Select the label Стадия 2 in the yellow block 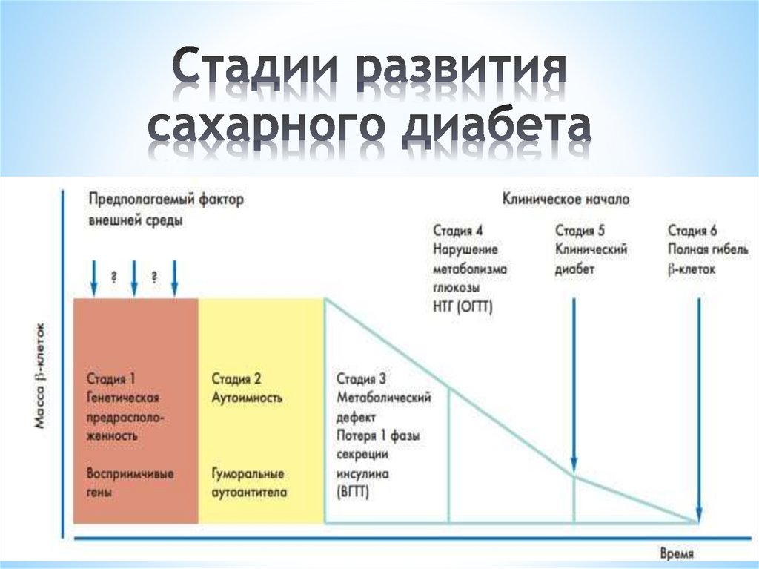236,380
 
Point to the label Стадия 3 361,380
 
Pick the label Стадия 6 692,231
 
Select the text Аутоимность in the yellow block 247,398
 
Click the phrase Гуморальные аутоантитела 248,483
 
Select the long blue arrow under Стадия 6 699,408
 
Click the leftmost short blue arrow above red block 93,278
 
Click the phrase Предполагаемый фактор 166,200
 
